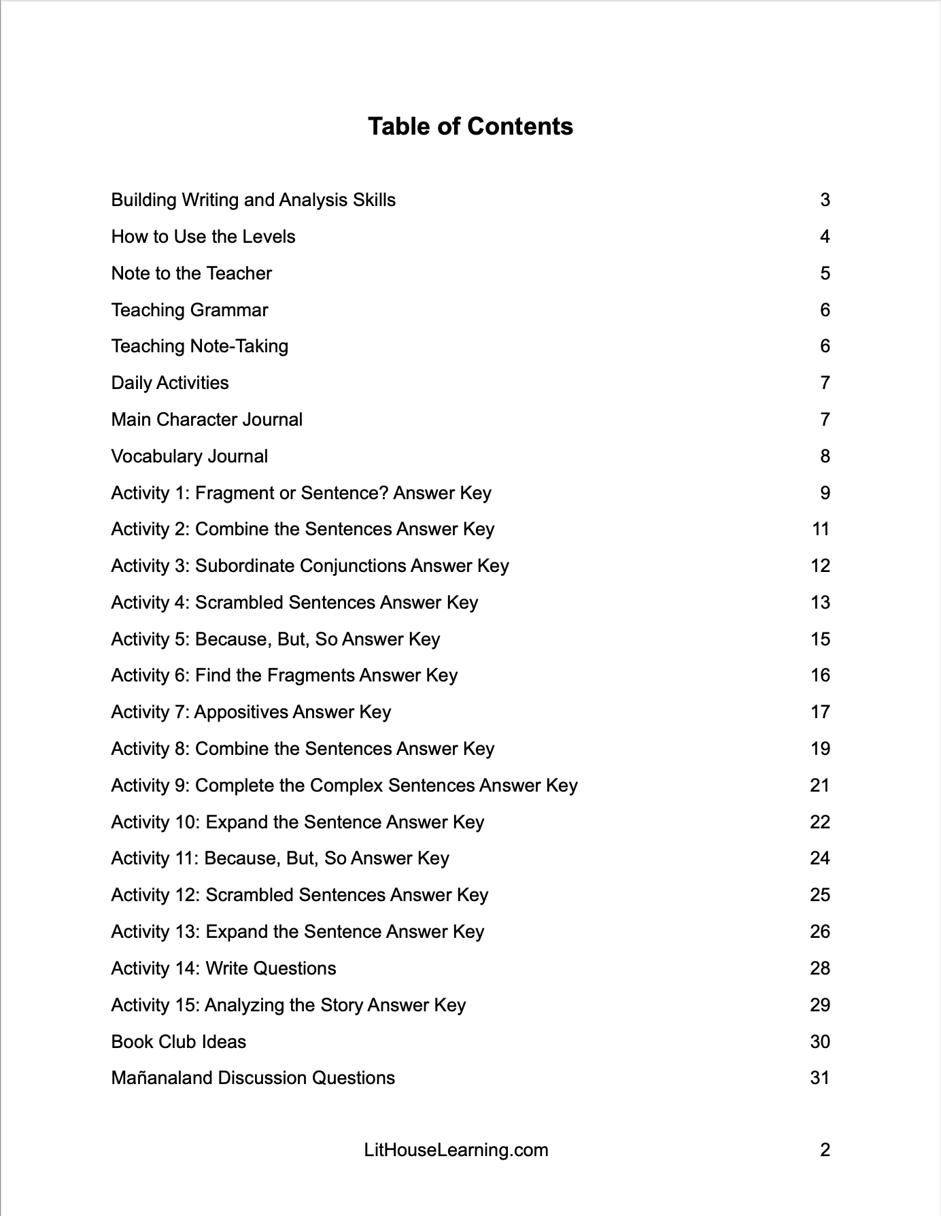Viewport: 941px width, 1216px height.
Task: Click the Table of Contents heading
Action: tap(470, 126)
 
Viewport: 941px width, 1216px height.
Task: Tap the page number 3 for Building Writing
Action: tap(825, 200)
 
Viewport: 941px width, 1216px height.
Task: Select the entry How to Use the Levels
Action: tap(203, 237)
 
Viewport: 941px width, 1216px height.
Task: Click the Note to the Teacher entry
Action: tap(191, 273)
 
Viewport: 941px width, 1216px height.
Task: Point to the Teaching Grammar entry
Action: tap(190, 310)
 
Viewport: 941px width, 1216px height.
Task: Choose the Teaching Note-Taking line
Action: tap(199, 346)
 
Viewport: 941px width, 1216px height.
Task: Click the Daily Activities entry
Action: tap(170, 383)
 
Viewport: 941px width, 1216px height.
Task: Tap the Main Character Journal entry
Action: tap(207, 420)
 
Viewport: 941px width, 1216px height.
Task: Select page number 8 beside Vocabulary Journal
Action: tap(825, 456)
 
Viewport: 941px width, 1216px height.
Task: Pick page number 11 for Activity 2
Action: tap(821, 529)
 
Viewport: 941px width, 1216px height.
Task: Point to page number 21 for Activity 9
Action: tap(820, 786)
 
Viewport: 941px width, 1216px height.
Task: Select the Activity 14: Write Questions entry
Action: tap(224, 968)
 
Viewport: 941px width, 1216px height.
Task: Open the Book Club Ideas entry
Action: tap(178, 1042)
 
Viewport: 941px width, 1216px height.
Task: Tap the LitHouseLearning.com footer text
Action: tap(456, 1150)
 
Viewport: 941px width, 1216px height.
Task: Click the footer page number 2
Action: tap(825, 1150)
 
